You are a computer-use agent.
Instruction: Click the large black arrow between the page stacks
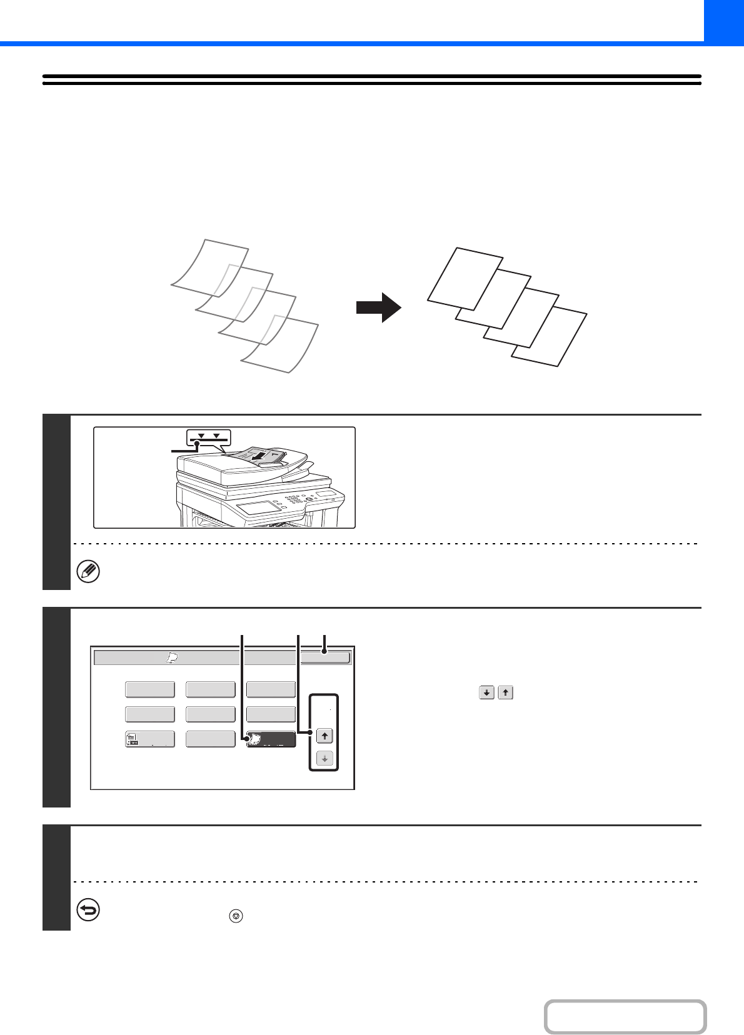click(x=379, y=307)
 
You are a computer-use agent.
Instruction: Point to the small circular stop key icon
click(x=236, y=916)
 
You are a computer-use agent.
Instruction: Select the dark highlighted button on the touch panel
click(x=271, y=739)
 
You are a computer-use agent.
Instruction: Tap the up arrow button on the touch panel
click(x=324, y=736)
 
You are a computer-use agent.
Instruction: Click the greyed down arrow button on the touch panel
click(x=324, y=759)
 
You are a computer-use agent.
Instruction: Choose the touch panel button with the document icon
click(x=150, y=739)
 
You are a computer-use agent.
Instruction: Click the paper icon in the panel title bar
click(x=173, y=658)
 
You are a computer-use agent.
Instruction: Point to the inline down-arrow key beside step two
click(x=486, y=692)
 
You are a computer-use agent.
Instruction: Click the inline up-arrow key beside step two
click(x=505, y=692)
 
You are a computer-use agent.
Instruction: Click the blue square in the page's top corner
click(x=724, y=21)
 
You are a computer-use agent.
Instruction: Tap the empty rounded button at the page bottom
click(x=625, y=1017)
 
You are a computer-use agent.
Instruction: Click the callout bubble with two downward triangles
click(x=209, y=436)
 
